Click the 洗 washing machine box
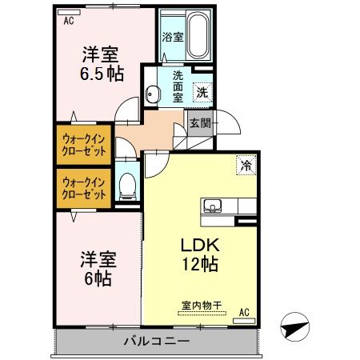(x=203, y=91)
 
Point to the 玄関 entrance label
(x=200, y=123)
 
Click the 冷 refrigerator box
(x=247, y=166)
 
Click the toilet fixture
(x=126, y=189)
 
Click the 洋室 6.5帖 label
(x=100, y=65)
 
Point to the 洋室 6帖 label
(x=98, y=270)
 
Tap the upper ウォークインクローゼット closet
(x=85, y=143)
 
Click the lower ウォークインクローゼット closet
(x=85, y=188)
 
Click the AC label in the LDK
(x=245, y=311)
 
